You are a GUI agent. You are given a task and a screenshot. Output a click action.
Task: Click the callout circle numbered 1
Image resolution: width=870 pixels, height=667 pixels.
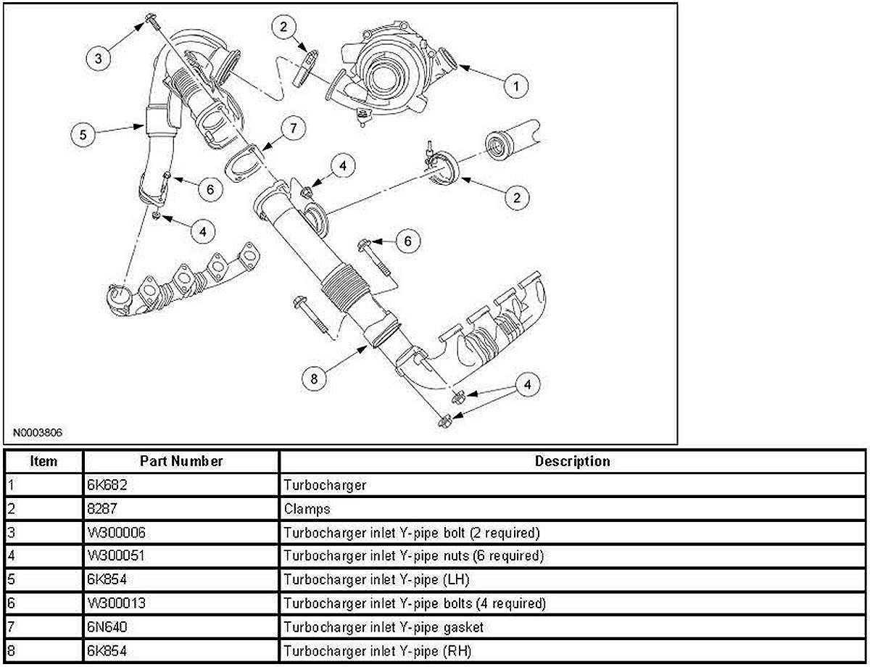click(x=516, y=86)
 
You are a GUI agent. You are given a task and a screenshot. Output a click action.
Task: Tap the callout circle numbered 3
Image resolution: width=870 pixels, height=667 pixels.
click(x=99, y=59)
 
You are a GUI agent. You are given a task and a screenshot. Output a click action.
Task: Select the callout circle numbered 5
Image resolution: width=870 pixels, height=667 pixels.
click(x=83, y=135)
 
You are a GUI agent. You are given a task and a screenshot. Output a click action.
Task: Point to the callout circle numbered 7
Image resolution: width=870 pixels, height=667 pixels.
click(x=294, y=128)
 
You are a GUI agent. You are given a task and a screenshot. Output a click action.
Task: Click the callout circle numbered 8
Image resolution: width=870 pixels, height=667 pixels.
click(x=314, y=378)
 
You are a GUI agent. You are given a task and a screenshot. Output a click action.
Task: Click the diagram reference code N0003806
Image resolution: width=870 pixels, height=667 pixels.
click(x=38, y=433)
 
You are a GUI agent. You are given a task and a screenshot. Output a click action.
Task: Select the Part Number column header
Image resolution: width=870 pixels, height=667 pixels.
click(x=181, y=461)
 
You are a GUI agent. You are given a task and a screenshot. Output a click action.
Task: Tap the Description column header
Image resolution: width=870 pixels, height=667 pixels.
click(x=573, y=461)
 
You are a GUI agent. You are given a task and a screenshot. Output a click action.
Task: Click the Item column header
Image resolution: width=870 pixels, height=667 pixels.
click(x=43, y=461)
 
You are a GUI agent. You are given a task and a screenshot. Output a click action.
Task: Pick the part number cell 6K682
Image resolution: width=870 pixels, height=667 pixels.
click(x=107, y=485)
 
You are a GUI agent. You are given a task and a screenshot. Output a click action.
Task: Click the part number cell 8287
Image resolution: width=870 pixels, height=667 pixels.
click(x=102, y=509)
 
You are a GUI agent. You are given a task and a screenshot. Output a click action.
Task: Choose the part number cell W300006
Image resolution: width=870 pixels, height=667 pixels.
click(x=116, y=533)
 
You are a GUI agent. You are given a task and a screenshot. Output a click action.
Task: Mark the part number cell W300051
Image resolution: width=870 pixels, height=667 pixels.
click(x=116, y=555)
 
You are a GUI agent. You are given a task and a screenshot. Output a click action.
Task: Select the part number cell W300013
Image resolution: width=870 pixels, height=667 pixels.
click(x=116, y=603)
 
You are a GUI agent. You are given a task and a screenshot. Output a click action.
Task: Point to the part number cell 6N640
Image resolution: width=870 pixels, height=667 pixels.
click(x=107, y=626)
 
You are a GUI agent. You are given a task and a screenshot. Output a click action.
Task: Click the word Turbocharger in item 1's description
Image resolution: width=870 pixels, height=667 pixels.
click(x=325, y=486)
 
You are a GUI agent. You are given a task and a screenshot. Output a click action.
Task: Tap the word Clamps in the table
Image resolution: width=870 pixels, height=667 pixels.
click(x=307, y=510)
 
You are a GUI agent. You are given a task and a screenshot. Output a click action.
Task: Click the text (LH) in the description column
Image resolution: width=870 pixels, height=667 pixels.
click(x=457, y=580)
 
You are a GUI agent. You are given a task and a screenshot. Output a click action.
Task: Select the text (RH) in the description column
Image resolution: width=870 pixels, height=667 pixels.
click(x=457, y=651)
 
